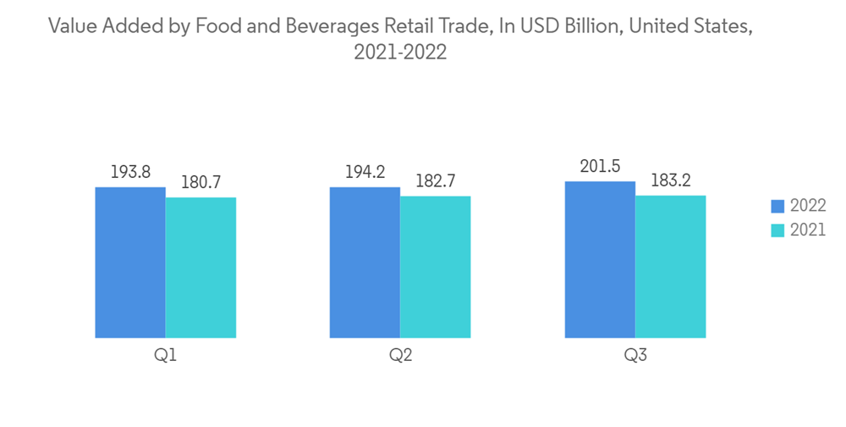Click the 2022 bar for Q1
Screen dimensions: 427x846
(x=130, y=263)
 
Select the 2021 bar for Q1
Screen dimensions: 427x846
(x=201, y=268)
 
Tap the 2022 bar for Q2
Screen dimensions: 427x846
(x=365, y=263)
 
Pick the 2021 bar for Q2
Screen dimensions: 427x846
(x=435, y=267)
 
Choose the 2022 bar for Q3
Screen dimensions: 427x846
(x=600, y=259)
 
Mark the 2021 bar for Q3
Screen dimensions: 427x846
(x=670, y=267)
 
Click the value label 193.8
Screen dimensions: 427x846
(x=130, y=172)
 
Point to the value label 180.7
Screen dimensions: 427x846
(x=201, y=182)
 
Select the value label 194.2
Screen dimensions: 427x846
(x=365, y=172)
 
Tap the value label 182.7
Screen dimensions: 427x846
(x=435, y=181)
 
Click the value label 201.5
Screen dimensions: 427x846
(x=600, y=166)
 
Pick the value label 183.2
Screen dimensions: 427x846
(x=670, y=180)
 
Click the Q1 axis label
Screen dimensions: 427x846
(x=165, y=357)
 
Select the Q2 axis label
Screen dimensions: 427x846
(x=400, y=357)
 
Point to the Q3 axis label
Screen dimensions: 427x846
(x=635, y=357)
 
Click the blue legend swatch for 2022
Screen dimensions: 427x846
(x=777, y=206)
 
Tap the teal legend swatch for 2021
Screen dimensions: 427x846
(x=777, y=230)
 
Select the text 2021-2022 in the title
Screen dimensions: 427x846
(x=400, y=53)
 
